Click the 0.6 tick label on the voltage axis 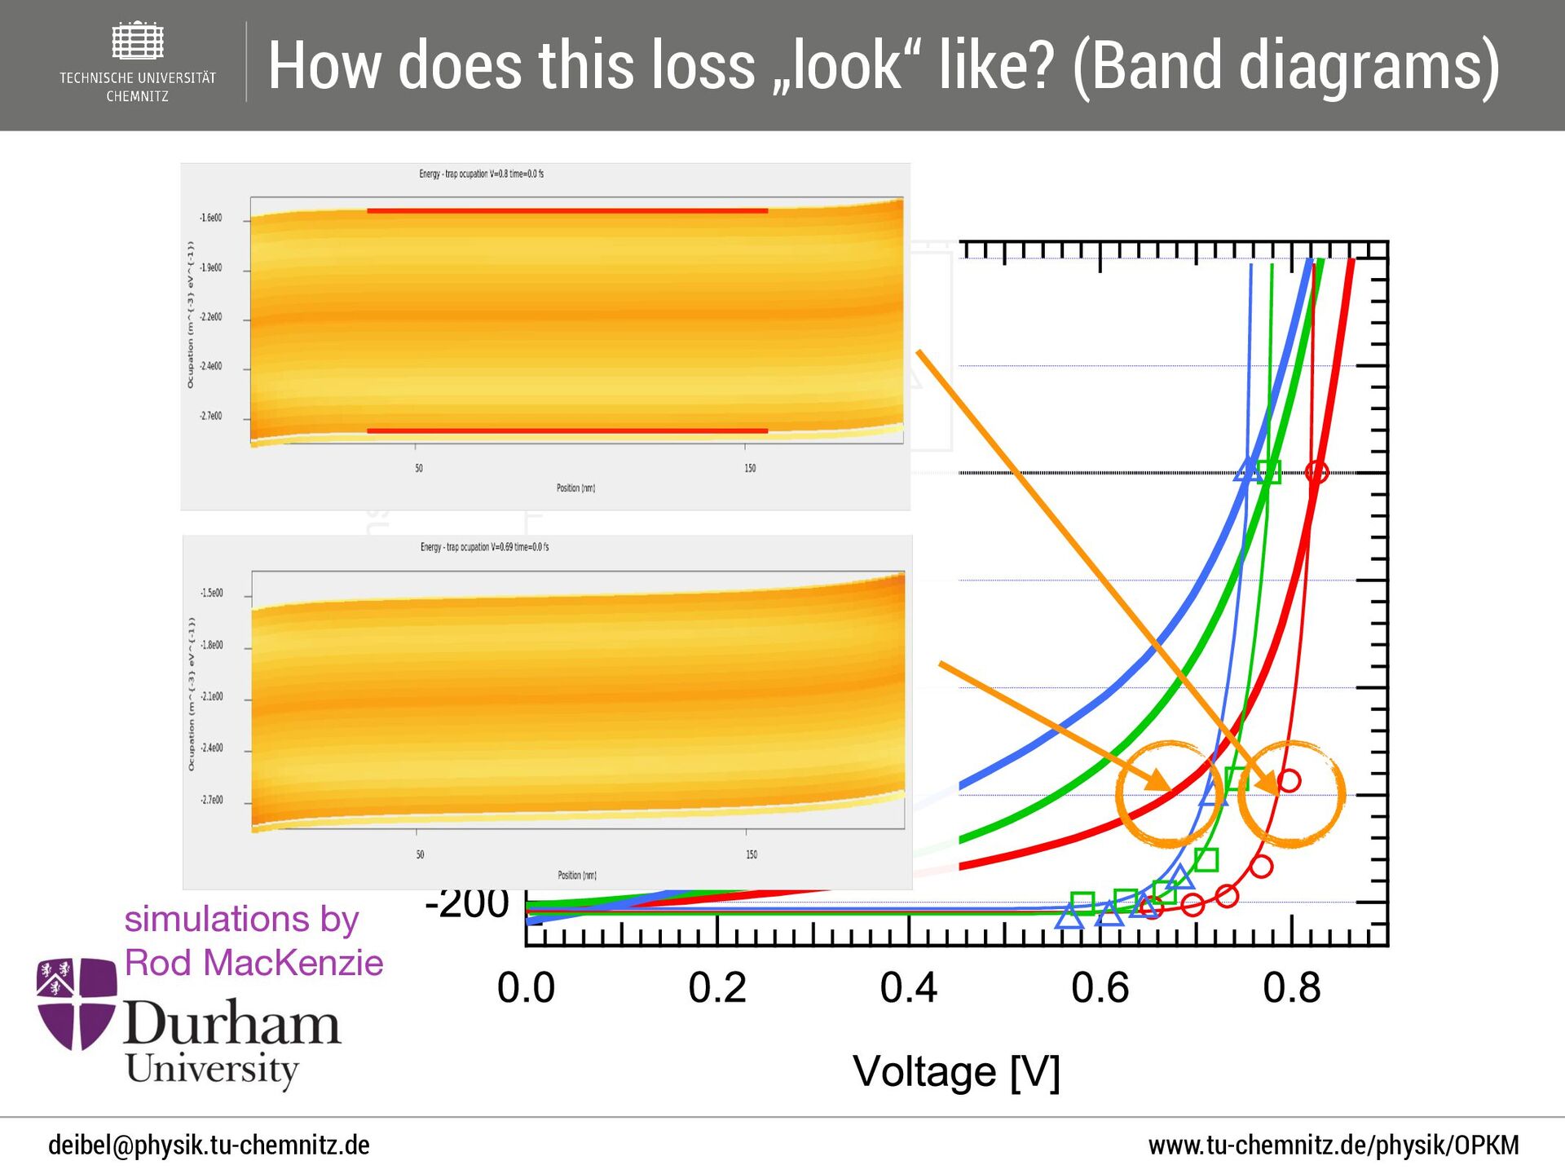coord(1100,988)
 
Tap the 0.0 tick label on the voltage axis coord(526,988)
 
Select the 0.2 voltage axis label coord(717,988)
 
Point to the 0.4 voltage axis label coord(909,988)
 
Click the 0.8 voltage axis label coord(1291,988)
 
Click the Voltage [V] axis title coord(956,1071)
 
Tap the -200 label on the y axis coord(467,903)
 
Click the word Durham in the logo coord(232,1023)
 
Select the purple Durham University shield coord(77,1003)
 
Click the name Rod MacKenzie coord(253,963)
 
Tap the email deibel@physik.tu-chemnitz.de coord(209,1145)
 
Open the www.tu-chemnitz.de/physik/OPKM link coord(1334,1145)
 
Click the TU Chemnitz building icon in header coord(138,41)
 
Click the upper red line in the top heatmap coord(567,210)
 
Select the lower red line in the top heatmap coord(567,430)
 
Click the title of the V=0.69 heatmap coord(484,547)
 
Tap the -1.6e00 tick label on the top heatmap coord(210,218)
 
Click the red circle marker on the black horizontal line coord(1316,472)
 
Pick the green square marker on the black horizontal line coord(1269,472)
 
